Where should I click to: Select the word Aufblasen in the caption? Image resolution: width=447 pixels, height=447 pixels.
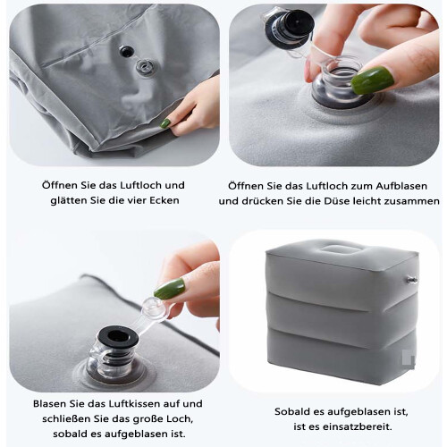tap(401, 186)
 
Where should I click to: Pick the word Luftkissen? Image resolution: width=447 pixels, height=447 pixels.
tap(135, 404)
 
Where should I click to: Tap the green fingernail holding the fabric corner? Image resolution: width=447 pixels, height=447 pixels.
tap(165, 122)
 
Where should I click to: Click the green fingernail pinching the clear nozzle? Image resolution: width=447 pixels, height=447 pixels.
tap(372, 80)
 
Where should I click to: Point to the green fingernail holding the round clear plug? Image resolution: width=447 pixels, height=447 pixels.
tap(169, 289)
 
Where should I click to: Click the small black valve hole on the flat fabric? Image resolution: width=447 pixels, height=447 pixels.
tap(126, 52)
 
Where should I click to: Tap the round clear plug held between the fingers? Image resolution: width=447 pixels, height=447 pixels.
tap(152, 310)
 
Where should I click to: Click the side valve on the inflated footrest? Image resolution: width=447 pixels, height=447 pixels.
tap(411, 280)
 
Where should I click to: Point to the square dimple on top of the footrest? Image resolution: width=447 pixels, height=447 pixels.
tap(340, 249)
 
